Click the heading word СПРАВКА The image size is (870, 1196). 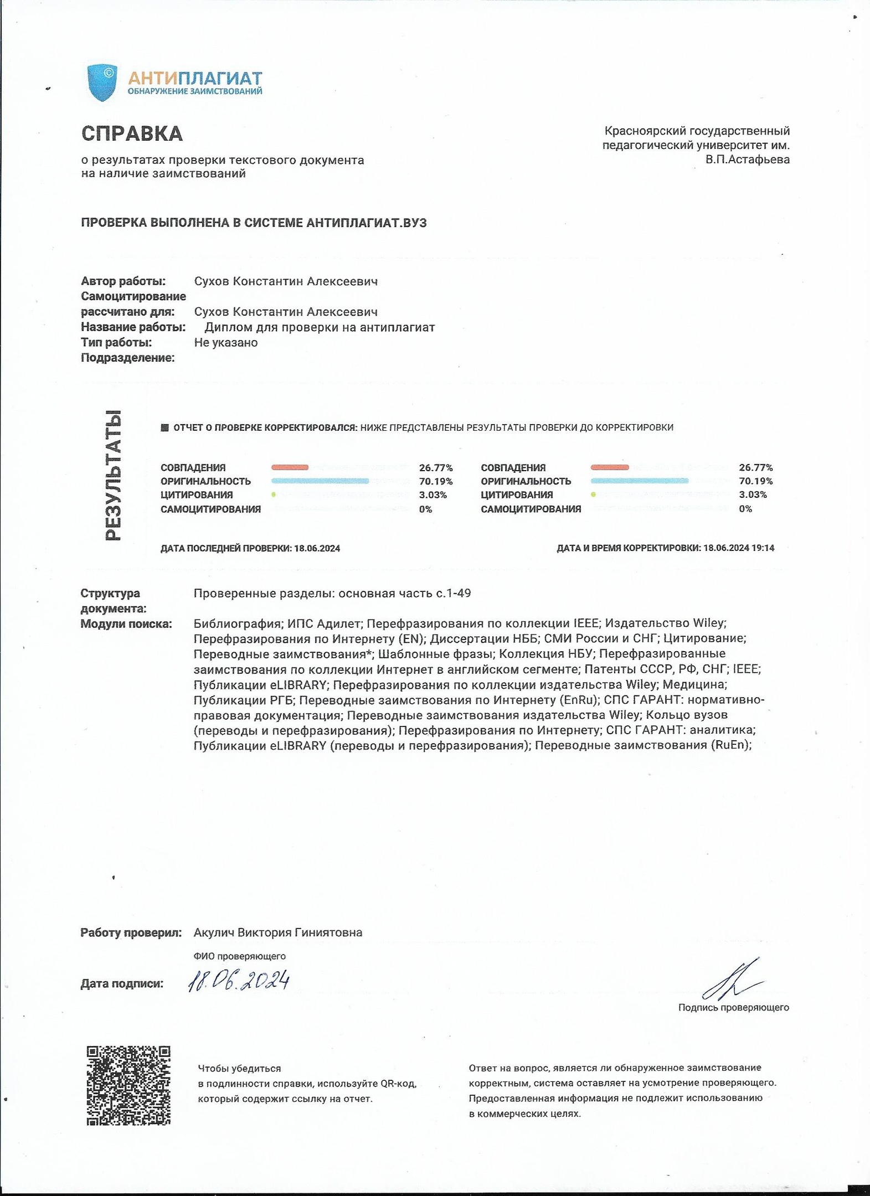[132, 134]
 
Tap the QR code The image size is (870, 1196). [128, 1085]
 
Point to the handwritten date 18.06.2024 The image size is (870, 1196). [239, 981]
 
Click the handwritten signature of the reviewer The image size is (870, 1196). [731, 980]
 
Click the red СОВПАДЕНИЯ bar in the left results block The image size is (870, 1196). [290, 467]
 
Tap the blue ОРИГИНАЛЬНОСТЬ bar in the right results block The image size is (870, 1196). [640, 481]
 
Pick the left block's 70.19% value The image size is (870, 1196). [436, 481]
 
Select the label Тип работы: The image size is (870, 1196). [116, 342]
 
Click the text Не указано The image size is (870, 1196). [226, 342]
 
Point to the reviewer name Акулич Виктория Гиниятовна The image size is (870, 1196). [278, 932]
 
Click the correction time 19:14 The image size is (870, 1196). [764, 548]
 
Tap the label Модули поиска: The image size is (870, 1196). [126, 624]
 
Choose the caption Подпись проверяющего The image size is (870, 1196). [733, 1007]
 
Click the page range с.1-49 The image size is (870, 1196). [454, 593]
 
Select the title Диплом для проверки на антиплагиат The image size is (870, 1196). [320, 327]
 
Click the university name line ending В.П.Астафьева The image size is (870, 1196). [748, 159]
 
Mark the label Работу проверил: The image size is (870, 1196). [131, 932]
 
